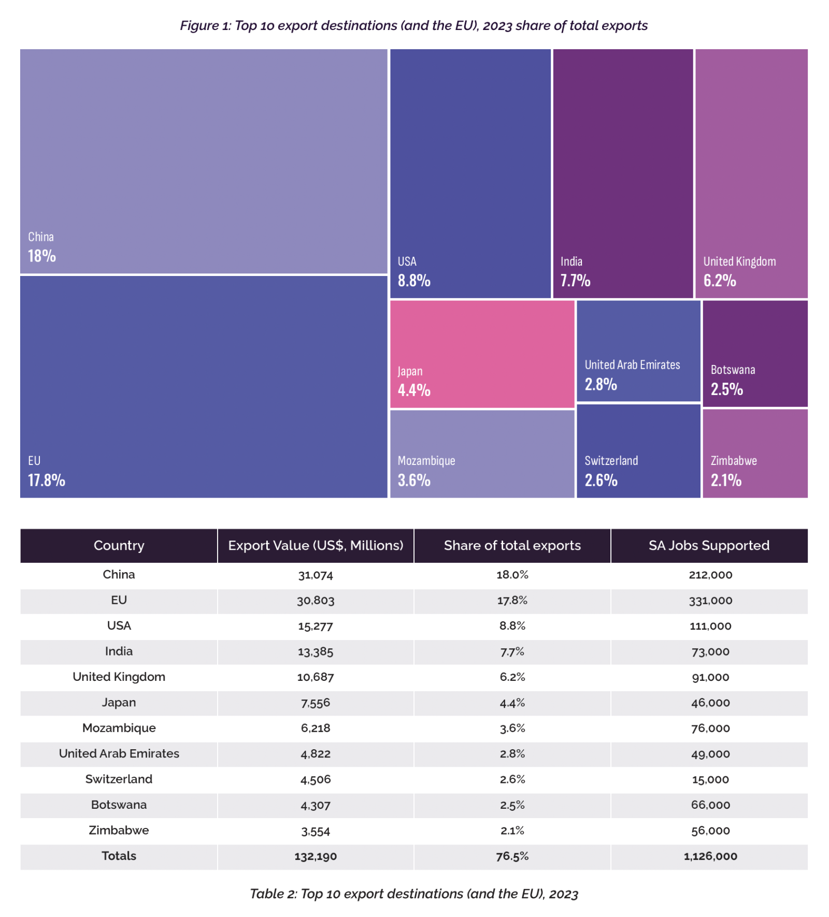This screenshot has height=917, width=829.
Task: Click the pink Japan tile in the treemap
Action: pyautogui.click(x=482, y=354)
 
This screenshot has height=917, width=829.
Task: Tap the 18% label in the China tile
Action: pyautogui.click(x=42, y=256)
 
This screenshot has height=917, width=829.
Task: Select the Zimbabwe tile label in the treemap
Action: pyautogui.click(x=733, y=460)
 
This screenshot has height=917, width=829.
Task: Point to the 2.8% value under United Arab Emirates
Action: pyautogui.click(x=601, y=384)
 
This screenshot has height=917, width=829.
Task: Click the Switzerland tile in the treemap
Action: pyautogui.click(x=638, y=450)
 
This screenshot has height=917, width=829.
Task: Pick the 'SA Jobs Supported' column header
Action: pyautogui.click(x=708, y=545)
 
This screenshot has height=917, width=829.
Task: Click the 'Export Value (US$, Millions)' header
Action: pyautogui.click(x=316, y=545)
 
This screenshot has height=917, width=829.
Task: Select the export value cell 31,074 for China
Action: pyautogui.click(x=316, y=575)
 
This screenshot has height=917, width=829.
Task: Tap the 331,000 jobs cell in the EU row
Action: pyautogui.click(x=710, y=601)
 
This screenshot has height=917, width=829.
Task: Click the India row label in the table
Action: pyautogui.click(x=119, y=651)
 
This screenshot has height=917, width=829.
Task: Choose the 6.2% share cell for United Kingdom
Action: pyautogui.click(x=512, y=677)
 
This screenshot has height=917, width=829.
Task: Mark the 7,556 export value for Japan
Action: pyautogui.click(x=316, y=703)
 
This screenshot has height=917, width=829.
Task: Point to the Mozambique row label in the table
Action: pyautogui.click(x=119, y=728)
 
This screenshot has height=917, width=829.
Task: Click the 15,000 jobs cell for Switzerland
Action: pyautogui.click(x=710, y=779)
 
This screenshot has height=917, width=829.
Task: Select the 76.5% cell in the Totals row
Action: pyautogui.click(x=512, y=856)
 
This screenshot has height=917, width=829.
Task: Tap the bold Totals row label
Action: pyautogui.click(x=119, y=856)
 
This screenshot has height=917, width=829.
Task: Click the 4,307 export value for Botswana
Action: pyautogui.click(x=316, y=805)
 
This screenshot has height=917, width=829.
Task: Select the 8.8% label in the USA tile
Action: pyautogui.click(x=413, y=281)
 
